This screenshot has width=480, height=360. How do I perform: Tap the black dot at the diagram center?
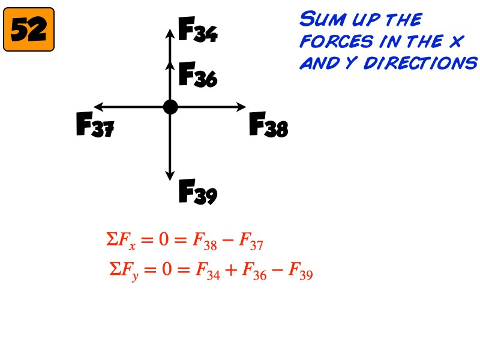170,107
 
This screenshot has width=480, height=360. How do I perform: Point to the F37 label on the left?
95,125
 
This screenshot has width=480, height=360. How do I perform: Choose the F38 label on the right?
268,125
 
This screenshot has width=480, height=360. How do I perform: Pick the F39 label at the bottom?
198,193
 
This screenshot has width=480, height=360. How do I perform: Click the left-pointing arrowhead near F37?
97,107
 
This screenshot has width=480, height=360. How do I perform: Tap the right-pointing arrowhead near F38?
243,107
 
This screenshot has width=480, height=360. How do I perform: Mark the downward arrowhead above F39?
170,175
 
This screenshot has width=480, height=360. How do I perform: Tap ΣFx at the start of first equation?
119,243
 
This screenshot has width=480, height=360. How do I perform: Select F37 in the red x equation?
251,243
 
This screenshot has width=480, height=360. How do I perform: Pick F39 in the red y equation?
301,272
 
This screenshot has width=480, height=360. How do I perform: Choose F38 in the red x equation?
201,243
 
